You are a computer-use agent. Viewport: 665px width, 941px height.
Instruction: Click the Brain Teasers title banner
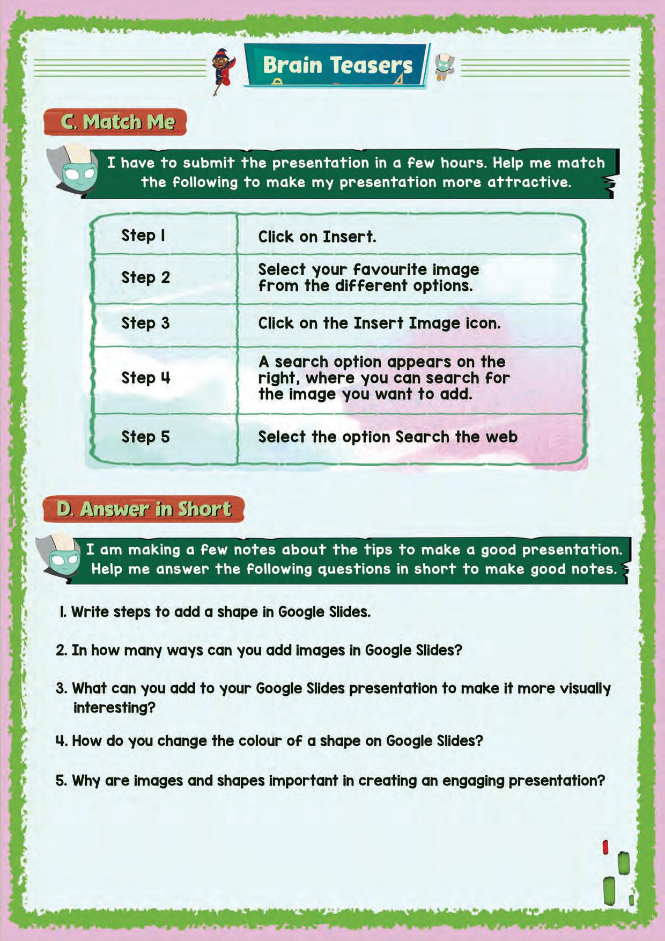337,65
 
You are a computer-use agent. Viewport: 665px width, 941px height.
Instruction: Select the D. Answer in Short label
144,509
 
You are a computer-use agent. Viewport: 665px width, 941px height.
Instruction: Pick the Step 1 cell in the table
143,236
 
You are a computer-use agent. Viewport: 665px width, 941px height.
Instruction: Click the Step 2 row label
145,277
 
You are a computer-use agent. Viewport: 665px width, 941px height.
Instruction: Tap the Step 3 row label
145,323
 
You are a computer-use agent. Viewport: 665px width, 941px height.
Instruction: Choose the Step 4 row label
145,378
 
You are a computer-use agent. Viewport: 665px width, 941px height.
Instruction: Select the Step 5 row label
145,437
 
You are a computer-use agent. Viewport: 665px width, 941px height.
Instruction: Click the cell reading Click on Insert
317,237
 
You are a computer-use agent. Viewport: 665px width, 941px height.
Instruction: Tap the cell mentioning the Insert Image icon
379,323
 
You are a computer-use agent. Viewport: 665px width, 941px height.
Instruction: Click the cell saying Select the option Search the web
387,437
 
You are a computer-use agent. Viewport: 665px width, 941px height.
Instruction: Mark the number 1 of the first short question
62,612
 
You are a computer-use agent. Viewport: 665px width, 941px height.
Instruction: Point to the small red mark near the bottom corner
605,847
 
